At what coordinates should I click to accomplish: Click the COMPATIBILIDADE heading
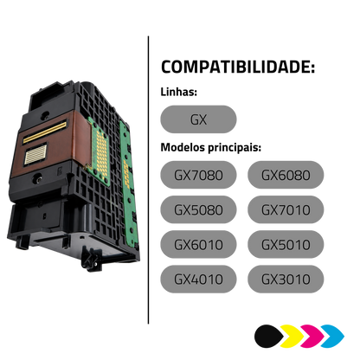click(238, 67)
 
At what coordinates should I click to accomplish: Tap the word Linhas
click(179, 92)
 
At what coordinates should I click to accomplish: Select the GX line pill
click(198, 119)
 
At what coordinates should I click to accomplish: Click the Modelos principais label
click(211, 147)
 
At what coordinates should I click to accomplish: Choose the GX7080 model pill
click(198, 175)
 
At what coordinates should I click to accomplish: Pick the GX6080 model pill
click(286, 175)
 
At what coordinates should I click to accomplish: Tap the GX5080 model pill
click(198, 209)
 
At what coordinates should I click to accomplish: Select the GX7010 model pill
click(286, 209)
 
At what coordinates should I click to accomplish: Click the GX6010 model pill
click(198, 244)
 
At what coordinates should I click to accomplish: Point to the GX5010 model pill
click(286, 244)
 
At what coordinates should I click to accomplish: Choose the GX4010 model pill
click(198, 279)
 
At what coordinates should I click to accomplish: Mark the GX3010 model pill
click(286, 279)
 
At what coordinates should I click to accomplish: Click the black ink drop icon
click(269, 336)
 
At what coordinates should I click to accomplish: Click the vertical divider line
click(148, 180)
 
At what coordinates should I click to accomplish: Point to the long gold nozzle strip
click(45, 132)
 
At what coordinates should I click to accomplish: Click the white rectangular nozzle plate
click(35, 154)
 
